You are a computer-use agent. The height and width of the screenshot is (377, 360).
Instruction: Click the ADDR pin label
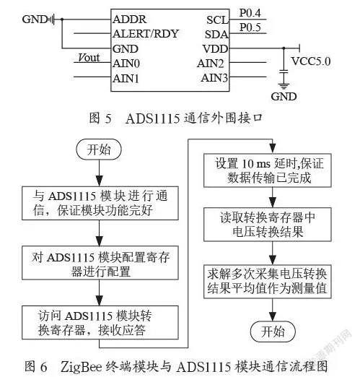click(130, 19)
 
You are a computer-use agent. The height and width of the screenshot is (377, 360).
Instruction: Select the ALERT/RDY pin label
click(146, 34)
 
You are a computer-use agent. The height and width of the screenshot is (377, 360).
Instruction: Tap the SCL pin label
click(217, 19)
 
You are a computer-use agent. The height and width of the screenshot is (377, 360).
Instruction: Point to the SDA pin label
click(216, 35)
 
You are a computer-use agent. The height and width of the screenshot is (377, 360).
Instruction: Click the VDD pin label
click(216, 49)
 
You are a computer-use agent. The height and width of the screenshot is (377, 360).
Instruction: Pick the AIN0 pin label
click(126, 64)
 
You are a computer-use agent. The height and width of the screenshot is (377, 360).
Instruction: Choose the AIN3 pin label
click(214, 78)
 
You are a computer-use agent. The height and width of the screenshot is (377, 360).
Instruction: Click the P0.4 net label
click(250, 13)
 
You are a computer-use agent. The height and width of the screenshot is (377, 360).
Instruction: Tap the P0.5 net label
click(250, 27)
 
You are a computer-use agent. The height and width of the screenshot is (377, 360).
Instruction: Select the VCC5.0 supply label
click(311, 61)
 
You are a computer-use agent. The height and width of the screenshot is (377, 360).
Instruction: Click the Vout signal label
click(89, 58)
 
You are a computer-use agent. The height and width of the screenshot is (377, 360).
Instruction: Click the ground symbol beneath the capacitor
click(284, 86)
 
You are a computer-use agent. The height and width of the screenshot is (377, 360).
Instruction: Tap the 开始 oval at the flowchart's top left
click(99, 149)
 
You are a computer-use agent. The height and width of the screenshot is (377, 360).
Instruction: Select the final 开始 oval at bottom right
click(273, 331)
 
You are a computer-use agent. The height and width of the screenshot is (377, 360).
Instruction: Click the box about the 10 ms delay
click(268, 170)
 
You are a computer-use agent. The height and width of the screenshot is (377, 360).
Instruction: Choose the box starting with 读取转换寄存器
click(268, 225)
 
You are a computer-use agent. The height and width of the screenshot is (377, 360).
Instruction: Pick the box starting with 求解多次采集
click(268, 282)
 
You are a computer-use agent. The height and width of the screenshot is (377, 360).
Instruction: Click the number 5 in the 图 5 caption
click(108, 118)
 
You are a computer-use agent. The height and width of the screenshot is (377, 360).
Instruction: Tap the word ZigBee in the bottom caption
click(81, 367)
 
